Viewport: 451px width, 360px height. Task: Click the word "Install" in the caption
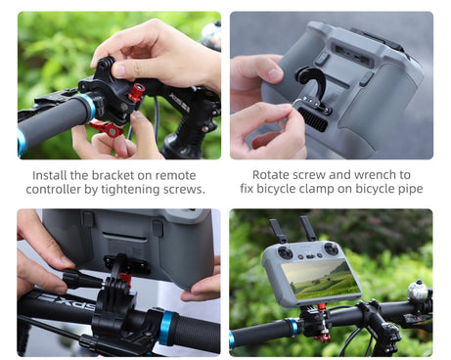pyautogui.click(x=50, y=175)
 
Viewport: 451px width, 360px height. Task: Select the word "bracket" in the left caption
pyautogui.click(x=113, y=175)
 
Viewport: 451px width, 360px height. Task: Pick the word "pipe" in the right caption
pyautogui.click(x=409, y=189)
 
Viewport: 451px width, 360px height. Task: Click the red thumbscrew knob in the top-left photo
pyautogui.click(x=137, y=92)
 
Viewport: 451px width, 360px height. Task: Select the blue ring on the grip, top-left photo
pyautogui.click(x=89, y=107)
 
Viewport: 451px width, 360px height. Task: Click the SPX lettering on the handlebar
pyautogui.click(x=67, y=302)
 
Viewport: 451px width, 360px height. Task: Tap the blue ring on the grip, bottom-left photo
pyautogui.click(x=166, y=329)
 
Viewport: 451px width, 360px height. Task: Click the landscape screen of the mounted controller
pyautogui.click(x=321, y=280)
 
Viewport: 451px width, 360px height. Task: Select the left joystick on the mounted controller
pyautogui.click(x=285, y=252)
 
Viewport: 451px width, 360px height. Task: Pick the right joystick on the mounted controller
pyautogui.click(x=331, y=249)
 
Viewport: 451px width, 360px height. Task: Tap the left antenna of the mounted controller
pyautogui.click(x=278, y=231)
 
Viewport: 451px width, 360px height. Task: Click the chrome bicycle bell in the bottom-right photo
pyautogui.click(x=418, y=291)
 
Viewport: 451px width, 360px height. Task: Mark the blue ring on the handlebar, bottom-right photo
pyautogui.click(x=293, y=327)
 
